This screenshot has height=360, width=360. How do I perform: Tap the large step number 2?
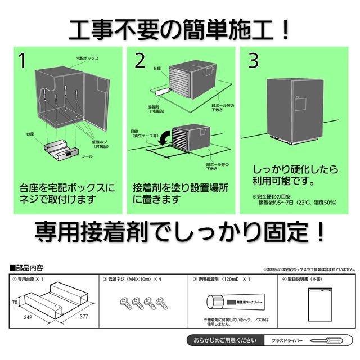pyautogui.click(x=140, y=61)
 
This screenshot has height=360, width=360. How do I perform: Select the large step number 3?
pyautogui.click(x=254, y=61)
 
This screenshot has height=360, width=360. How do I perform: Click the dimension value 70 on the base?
pyautogui.click(x=15, y=303)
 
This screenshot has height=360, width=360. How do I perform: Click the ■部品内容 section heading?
pyautogui.click(x=27, y=268)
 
